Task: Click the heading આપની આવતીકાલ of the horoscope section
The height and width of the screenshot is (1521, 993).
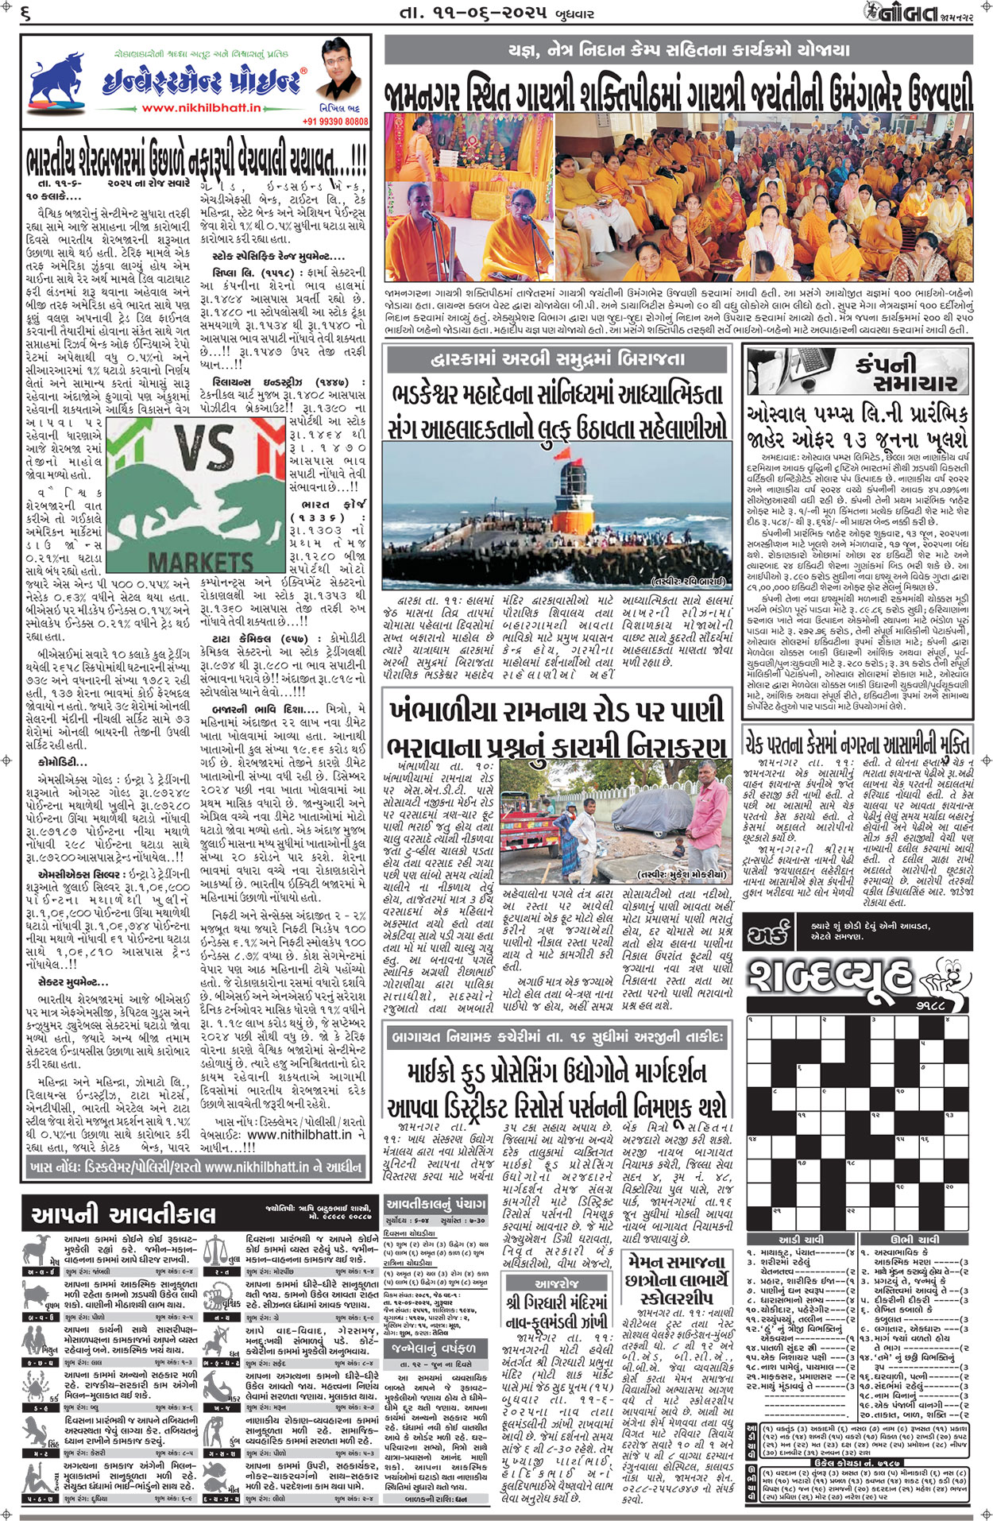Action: (x=123, y=1213)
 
